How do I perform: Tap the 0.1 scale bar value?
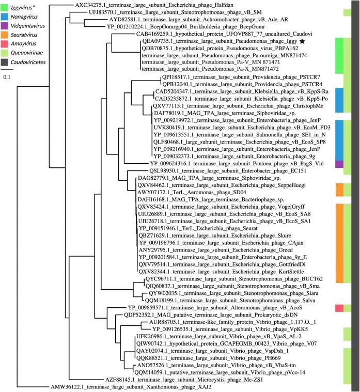pyautogui.click(x=6, y=76)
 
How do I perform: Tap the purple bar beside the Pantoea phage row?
pyautogui.click(x=339, y=164)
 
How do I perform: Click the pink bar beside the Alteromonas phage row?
pyautogui.click(x=339, y=308)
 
